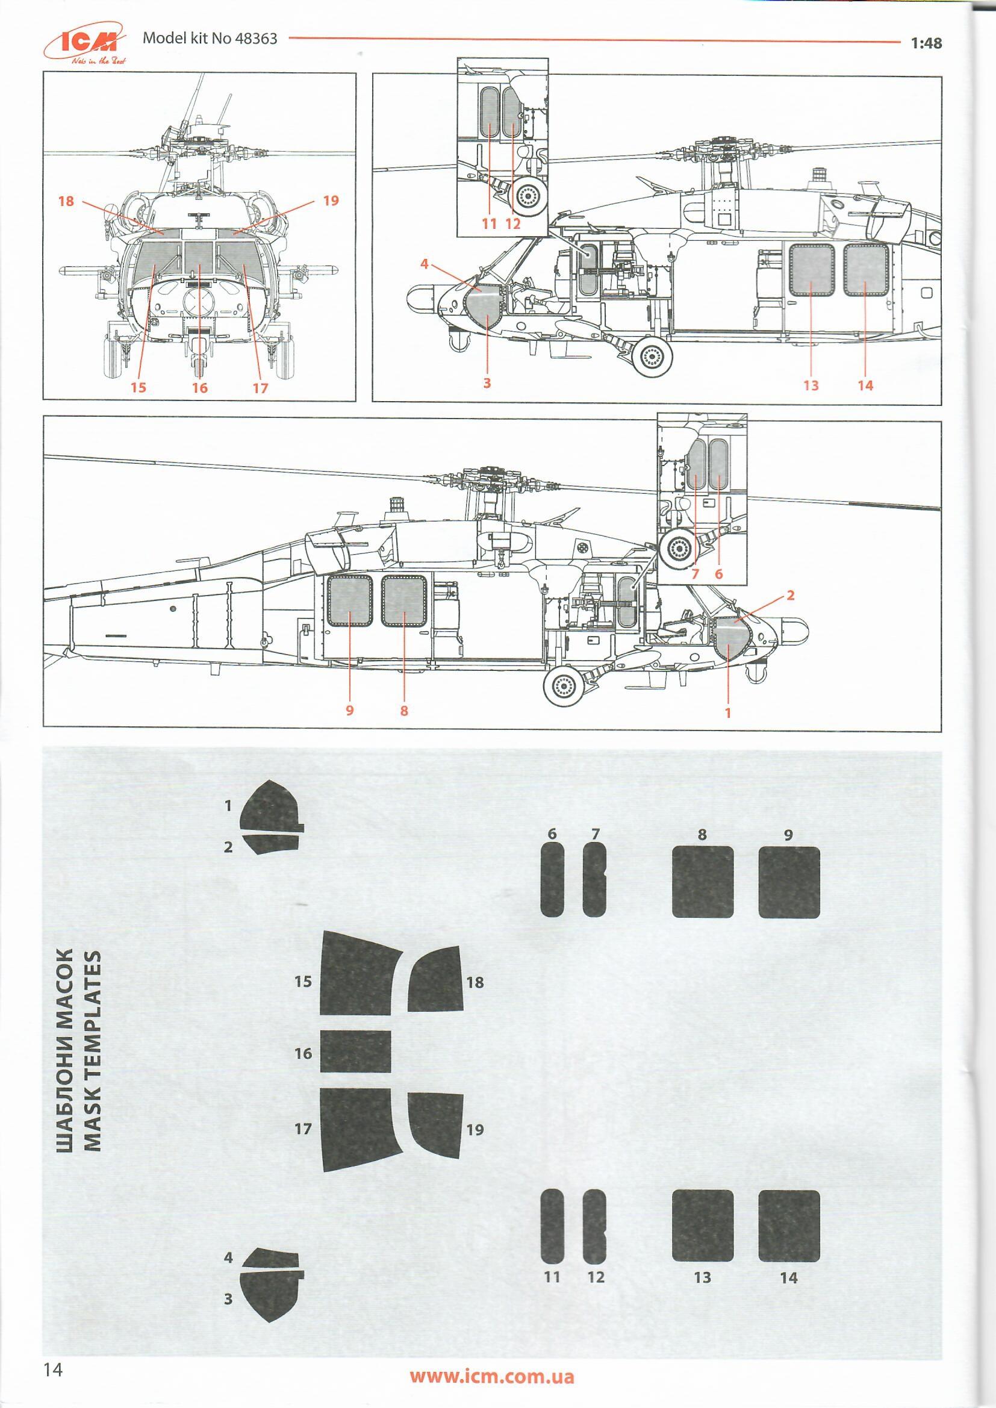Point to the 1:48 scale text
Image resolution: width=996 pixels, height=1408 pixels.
926,43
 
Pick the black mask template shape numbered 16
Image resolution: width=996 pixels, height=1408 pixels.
356,1051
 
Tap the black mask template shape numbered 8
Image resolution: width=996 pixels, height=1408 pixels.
702,882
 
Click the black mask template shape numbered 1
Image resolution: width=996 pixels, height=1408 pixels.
270,806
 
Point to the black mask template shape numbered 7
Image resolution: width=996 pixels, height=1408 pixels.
593,879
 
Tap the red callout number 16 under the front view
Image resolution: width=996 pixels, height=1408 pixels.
199,388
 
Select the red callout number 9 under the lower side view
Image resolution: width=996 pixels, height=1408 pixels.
350,710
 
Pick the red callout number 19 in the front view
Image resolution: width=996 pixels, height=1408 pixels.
331,201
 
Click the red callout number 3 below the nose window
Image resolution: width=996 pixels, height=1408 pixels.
487,383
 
